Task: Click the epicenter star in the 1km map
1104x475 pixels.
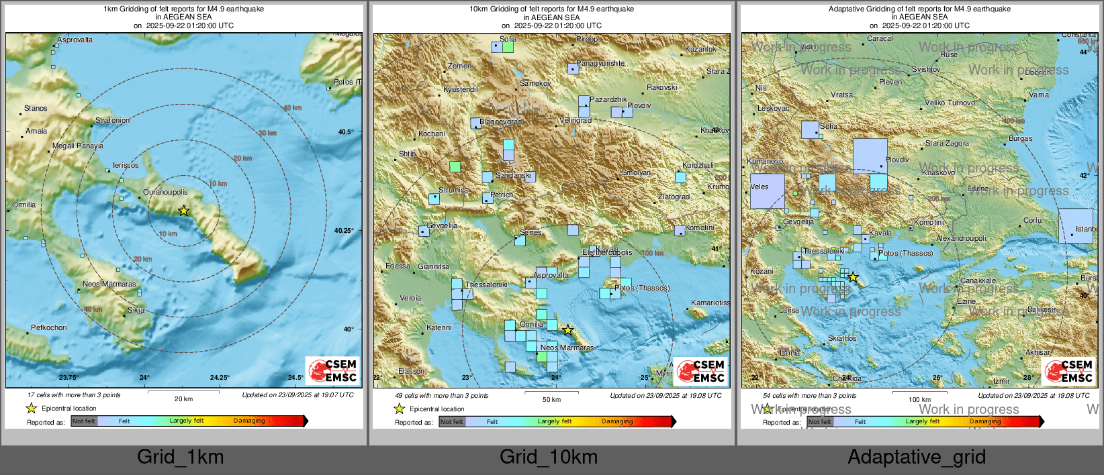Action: click(183, 211)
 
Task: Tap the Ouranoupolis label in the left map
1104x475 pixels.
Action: click(165, 193)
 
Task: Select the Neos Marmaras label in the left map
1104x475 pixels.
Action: click(109, 284)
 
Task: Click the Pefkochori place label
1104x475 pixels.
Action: click(48, 328)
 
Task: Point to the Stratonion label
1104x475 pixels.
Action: click(112, 121)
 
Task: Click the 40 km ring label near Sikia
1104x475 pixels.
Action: click(93, 309)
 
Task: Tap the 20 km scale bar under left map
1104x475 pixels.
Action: click(183, 399)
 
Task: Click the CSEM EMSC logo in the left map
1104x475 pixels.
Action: click(333, 370)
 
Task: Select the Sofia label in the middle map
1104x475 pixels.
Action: click(508, 40)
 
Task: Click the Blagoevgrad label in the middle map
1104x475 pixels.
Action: click(500, 122)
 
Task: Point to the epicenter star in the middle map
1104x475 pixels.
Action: click(567, 330)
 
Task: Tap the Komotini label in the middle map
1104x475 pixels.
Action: click(700, 228)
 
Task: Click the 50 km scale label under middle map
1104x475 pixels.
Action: click(551, 399)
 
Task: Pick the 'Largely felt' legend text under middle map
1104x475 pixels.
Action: click(555, 421)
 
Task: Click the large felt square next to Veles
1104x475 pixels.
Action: click(767, 191)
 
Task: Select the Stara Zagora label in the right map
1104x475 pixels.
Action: click(947, 144)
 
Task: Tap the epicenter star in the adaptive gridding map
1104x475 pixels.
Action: click(852, 277)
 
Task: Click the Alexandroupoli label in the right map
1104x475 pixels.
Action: click(961, 239)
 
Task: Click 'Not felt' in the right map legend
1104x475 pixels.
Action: click(819, 422)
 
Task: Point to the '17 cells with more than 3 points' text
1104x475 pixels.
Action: click(74, 395)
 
